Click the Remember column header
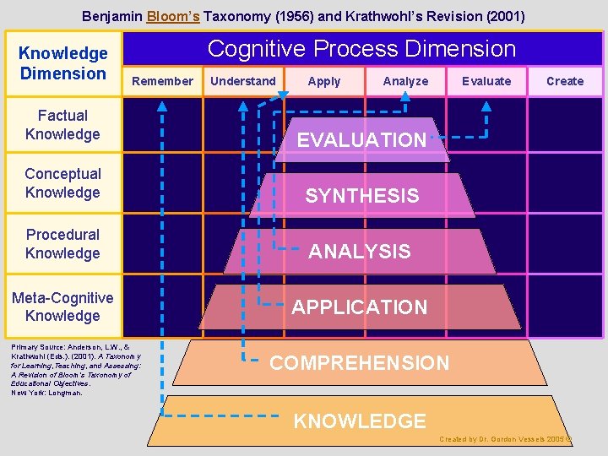tap(163, 81)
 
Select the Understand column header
tap(242, 81)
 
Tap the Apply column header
tap(324, 81)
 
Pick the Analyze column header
tap(405, 81)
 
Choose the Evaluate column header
tap(486, 81)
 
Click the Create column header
tap(565, 81)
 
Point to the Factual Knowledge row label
tap(62, 125)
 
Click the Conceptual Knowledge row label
tap(62, 183)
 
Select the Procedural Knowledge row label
tap(62, 244)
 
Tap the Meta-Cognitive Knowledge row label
tap(62, 307)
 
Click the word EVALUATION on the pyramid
tap(361, 140)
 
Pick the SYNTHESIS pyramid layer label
tap(361, 196)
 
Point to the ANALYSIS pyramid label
tap(360, 252)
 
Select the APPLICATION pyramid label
tap(360, 307)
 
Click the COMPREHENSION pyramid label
tap(360, 364)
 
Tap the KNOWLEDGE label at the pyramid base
tap(360, 421)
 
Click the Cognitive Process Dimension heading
tap(361, 49)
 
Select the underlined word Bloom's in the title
tap(172, 16)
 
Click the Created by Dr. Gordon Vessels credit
tap(505, 440)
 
